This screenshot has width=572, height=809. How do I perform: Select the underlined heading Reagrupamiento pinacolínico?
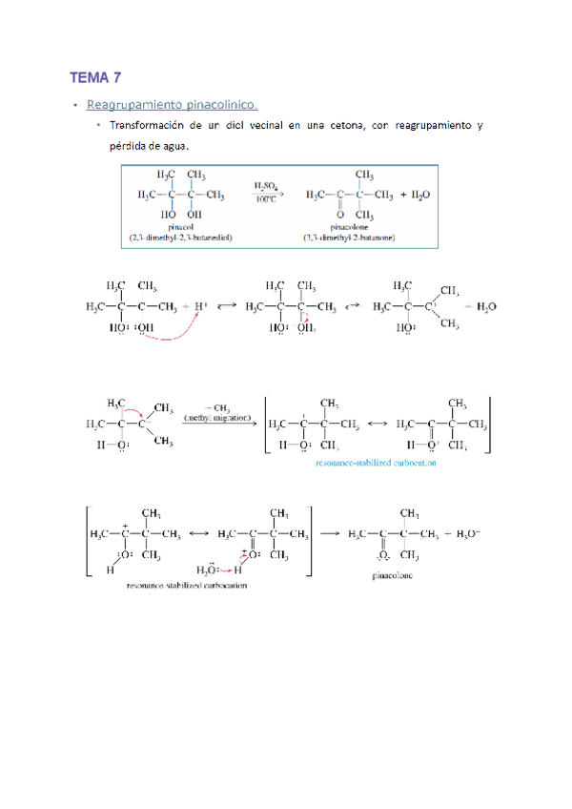pyautogui.click(x=171, y=105)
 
